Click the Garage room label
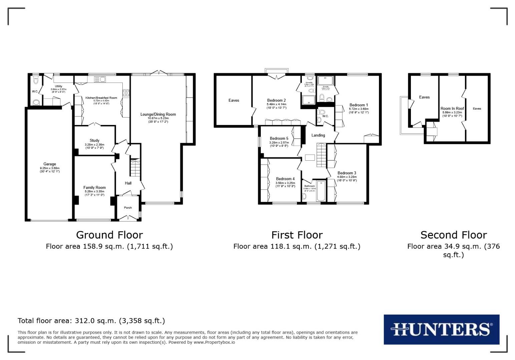pos(50,164)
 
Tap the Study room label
pos(94,140)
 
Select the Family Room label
pos(94,188)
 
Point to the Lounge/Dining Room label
pos(158,114)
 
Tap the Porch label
pos(128,208)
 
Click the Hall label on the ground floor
pos(128,183)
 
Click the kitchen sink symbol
pos(99,79)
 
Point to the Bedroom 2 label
pos(277,100)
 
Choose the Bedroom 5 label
pos(279,138)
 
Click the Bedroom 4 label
pos(285,179)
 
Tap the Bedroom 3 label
pos(347,173)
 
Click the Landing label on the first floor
pos(318,135)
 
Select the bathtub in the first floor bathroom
pos(321,191)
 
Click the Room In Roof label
pos(452,108)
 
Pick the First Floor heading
pos(297,235)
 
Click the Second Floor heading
pos(453,235)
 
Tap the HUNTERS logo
pos(441,329)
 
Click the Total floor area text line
pos(91,321)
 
